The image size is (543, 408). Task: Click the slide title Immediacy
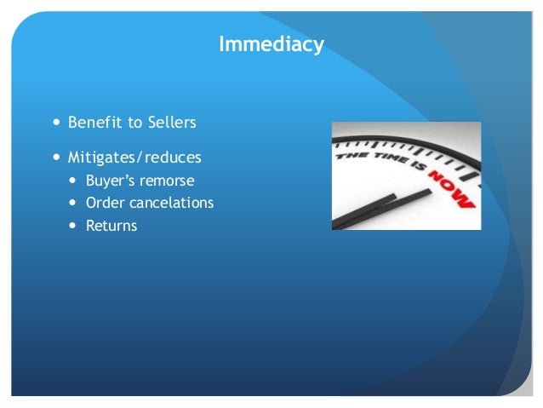271,43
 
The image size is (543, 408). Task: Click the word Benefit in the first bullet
92,123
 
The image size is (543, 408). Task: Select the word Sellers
169,123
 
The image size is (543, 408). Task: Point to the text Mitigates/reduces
134,158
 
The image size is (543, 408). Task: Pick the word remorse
170,181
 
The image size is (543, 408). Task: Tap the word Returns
111,226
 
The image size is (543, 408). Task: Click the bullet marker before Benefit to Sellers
57,123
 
